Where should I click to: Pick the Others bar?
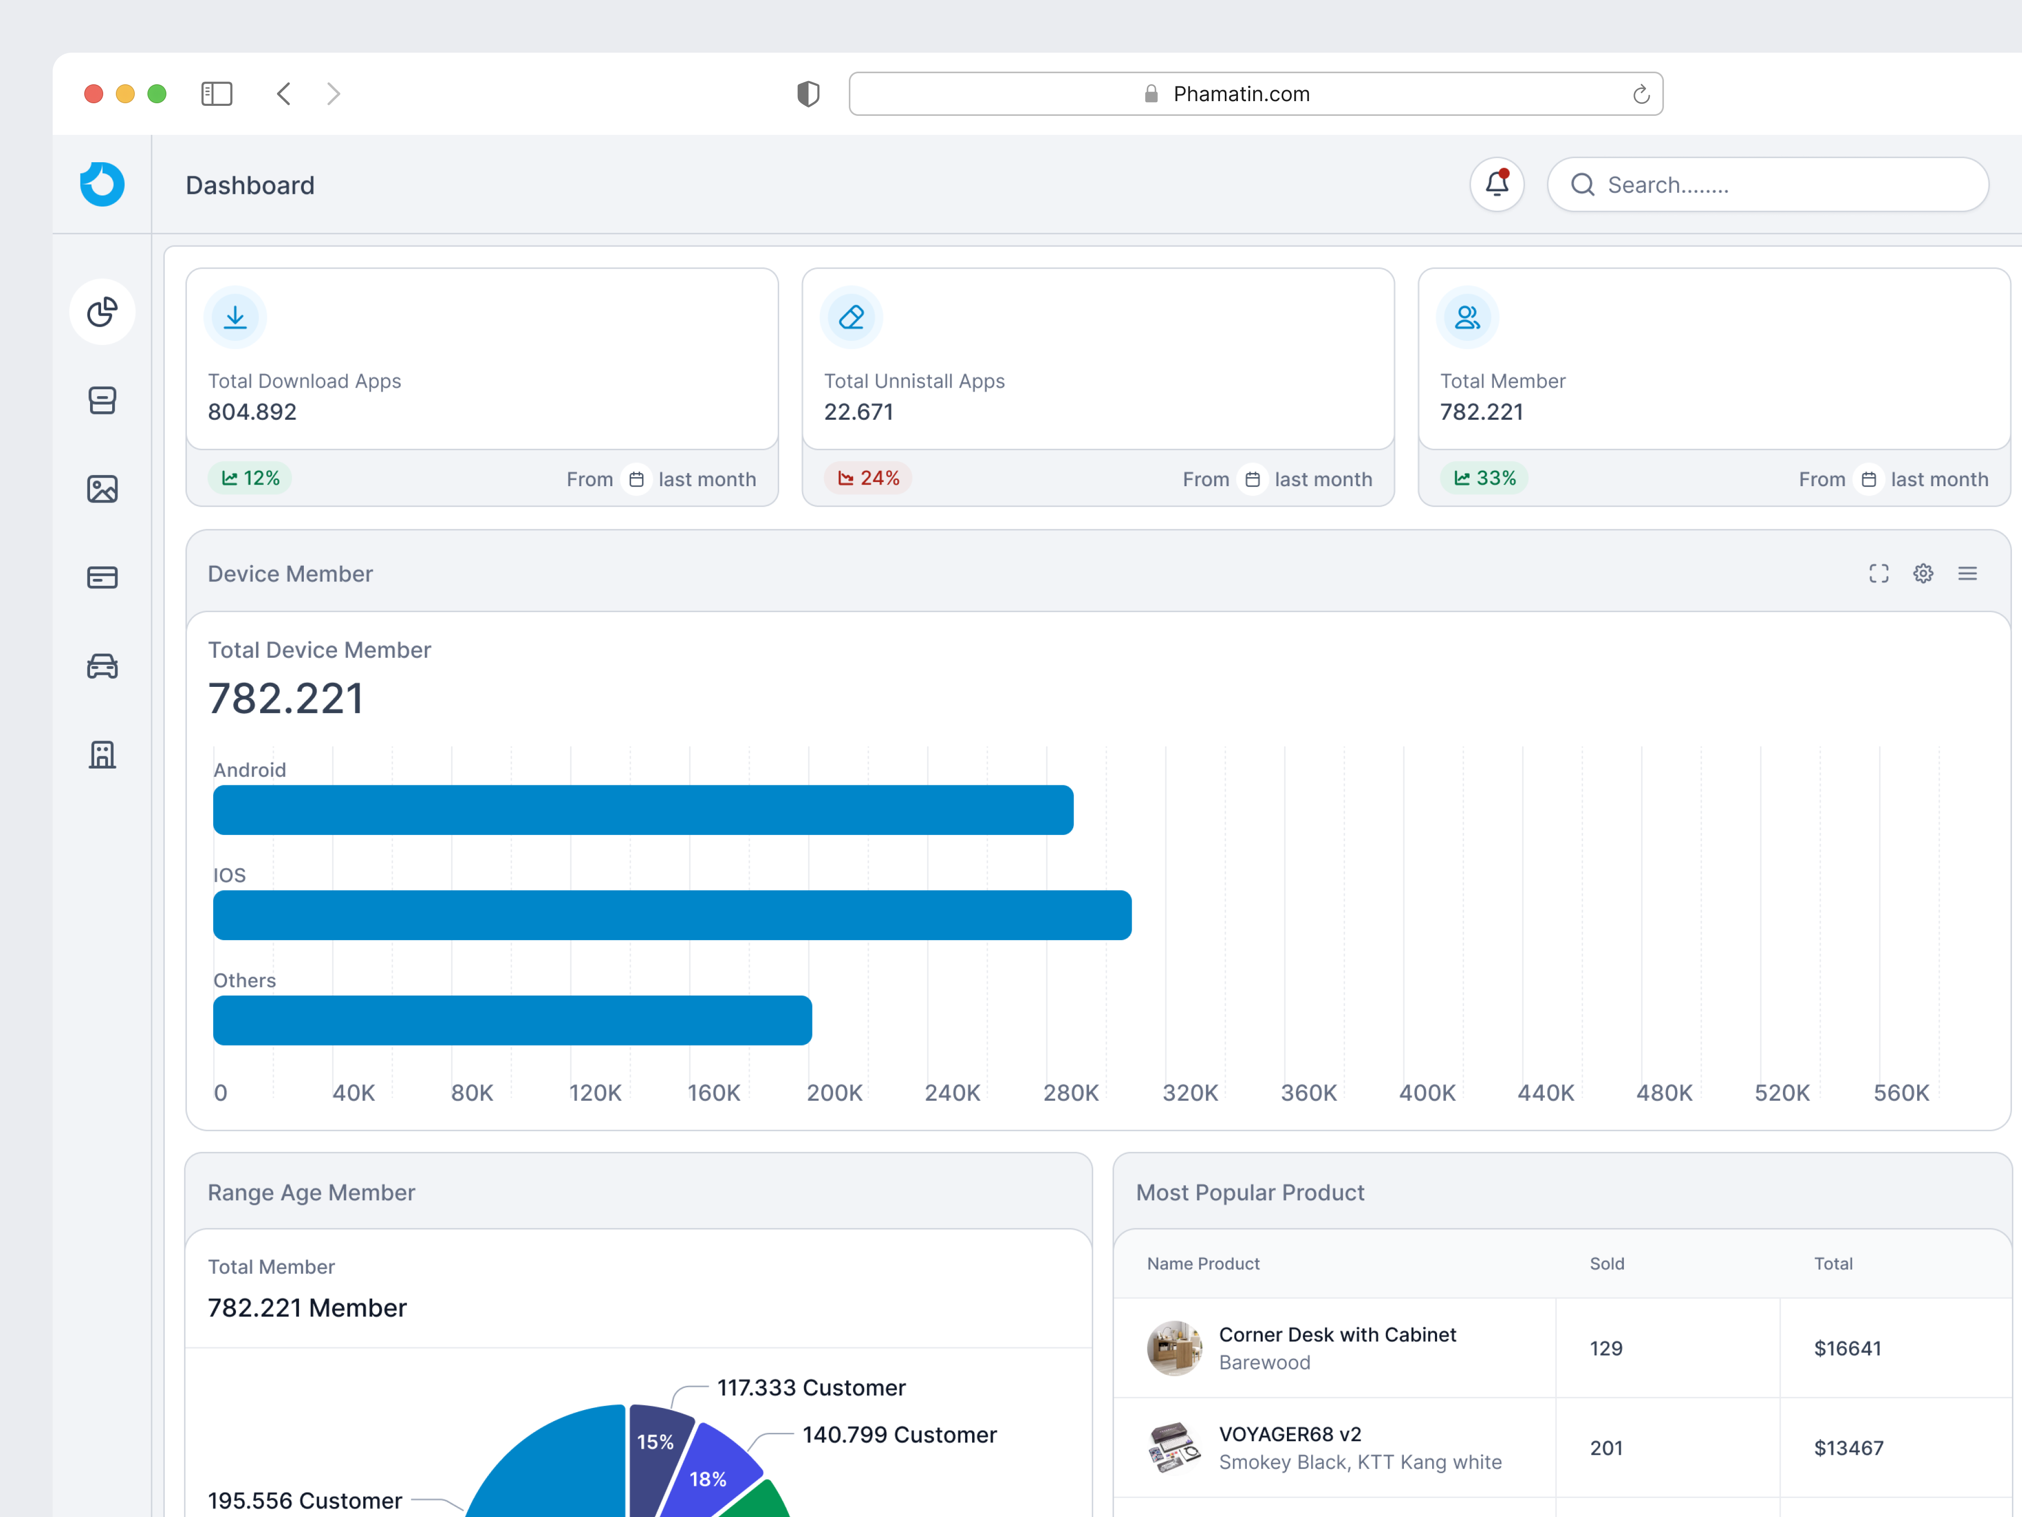pyautogui.click(x=512, y=1020)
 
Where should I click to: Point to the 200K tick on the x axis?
pyautogui.click(x=834, y=1093)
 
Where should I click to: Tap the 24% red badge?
pyautogui.click(x=868, y=478)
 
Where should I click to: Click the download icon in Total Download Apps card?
pyautogui.click(x=235, y=317)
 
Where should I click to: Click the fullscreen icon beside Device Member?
pyautogui.click(x=1878, y=573)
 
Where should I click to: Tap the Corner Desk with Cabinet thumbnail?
pyautogui.click(x=1174, y=1348)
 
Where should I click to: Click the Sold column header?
pyautogui.click(x=1606, y=1264)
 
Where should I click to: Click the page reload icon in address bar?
pyautogui.click(x=1641, y=94)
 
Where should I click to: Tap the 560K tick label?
pyautogui.click(x=1900, y=1093)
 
